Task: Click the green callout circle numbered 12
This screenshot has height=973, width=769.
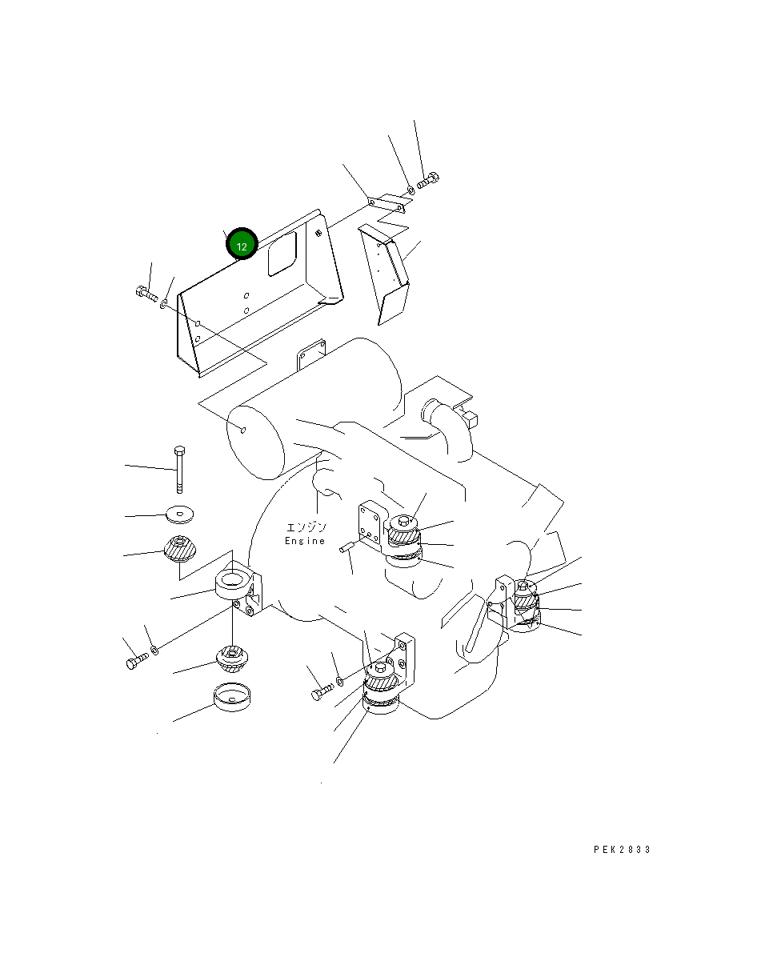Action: [242, 244]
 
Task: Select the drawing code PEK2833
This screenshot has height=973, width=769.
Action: [622, 850]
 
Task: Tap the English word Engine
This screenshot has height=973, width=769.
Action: [305, 541]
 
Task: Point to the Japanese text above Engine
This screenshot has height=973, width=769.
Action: [306, 527]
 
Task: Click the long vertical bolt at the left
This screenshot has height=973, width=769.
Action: [179, 470]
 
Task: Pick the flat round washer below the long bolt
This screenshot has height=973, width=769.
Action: [180, 515]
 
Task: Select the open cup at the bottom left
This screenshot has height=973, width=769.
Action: [232, 697]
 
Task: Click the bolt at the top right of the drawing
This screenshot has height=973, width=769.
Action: [427, 180]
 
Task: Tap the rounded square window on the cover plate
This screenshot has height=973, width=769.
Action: [282, 254]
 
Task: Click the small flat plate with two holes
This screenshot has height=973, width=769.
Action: [386, 206]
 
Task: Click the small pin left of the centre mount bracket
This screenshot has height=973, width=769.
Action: [346, 547]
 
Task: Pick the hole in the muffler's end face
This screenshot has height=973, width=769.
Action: [244, 430]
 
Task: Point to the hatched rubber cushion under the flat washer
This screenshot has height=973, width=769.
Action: [180, 549]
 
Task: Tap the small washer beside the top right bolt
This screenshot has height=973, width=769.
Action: [411, 190]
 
